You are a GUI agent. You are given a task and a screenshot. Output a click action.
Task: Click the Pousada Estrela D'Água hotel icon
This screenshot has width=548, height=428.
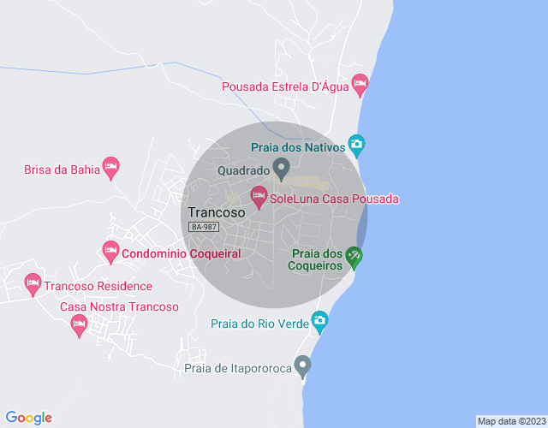[359, 85]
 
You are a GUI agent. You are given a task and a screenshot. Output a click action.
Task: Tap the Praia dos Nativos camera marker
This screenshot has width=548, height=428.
[357, 145]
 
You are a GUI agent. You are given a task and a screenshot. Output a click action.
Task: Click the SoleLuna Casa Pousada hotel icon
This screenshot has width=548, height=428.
[259, 198]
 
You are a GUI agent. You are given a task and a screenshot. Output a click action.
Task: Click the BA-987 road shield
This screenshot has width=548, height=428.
[205, 227]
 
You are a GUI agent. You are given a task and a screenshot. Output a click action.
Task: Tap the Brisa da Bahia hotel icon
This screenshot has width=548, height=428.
[110, 166]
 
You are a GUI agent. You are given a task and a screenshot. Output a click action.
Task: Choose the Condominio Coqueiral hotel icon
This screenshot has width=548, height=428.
[110, 251]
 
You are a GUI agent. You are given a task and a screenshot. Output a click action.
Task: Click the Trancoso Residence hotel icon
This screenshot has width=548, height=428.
[33, 282]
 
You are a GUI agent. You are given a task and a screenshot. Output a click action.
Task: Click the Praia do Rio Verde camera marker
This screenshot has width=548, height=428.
[319, 321]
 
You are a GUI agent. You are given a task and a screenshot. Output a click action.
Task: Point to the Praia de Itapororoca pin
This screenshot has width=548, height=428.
[301, 366]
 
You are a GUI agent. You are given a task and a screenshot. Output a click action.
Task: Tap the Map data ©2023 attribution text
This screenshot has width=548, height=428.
[510, 421]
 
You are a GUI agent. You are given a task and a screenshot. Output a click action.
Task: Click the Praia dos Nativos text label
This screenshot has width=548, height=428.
[298, 147]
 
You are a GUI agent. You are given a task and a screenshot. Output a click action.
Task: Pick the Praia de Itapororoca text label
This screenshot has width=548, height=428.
[239, 369]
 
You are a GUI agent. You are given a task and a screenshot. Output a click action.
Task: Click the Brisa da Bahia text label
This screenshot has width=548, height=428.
[61, 169]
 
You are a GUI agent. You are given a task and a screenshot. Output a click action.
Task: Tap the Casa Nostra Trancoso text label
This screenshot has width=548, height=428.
[119, 306]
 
